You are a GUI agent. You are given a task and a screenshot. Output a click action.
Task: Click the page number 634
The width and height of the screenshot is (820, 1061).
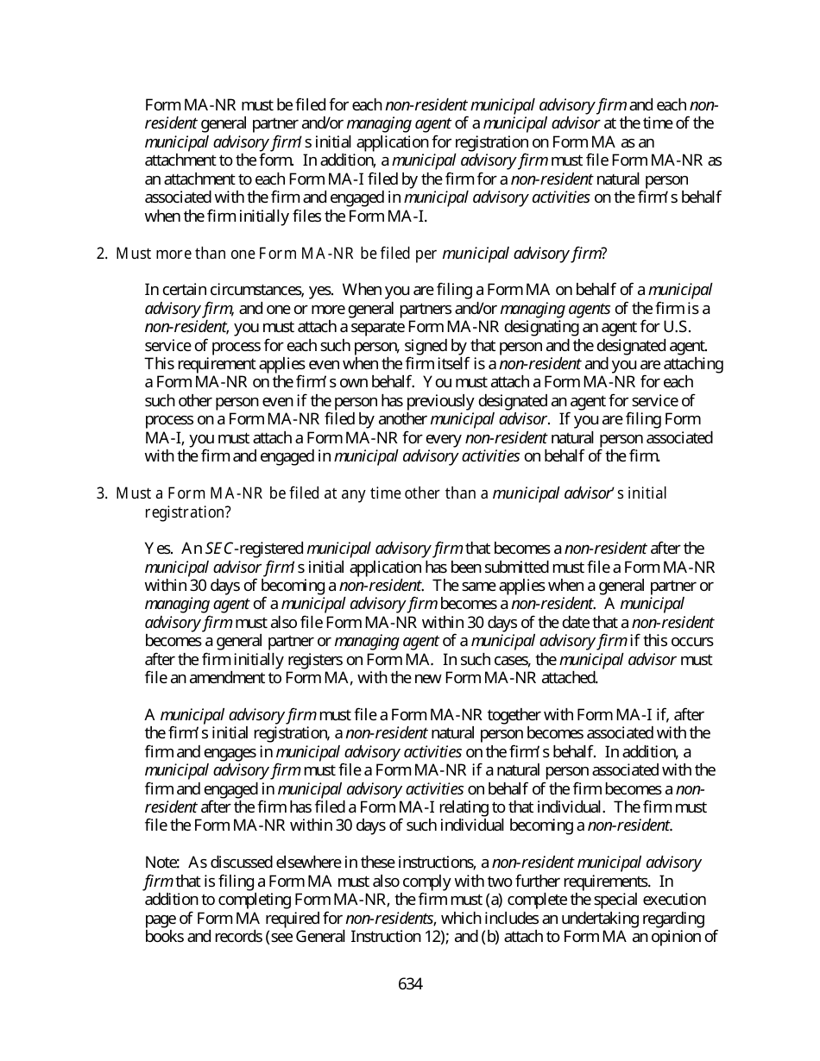(410, 984)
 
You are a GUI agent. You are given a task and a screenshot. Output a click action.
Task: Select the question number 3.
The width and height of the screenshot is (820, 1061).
(101, 493)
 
